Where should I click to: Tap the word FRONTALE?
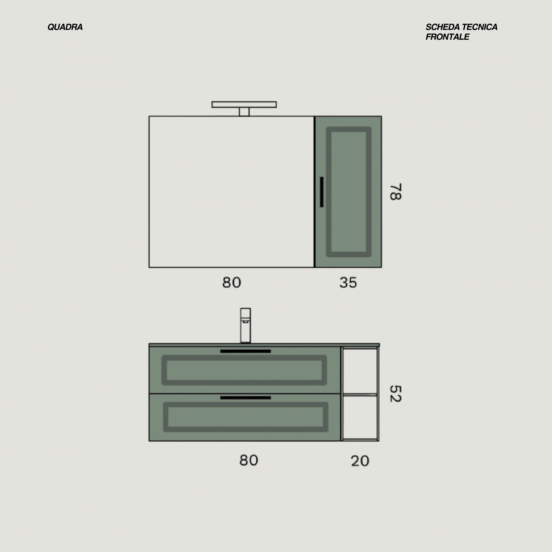[x=447, y=37]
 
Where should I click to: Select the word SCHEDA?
[x=443, y=27]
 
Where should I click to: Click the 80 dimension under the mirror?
[x=231, y=283]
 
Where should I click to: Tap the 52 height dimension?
[x=396, y=394]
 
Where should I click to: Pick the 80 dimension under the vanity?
[x=249, y=460]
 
